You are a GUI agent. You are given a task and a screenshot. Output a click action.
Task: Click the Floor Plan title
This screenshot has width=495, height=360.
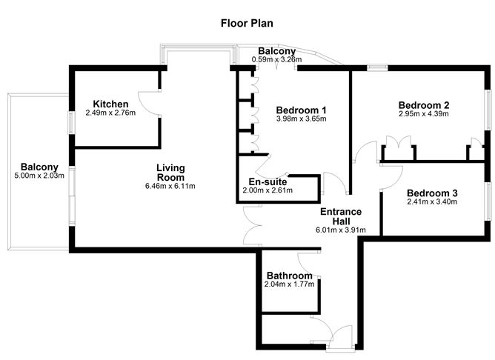click(x=247, y=23)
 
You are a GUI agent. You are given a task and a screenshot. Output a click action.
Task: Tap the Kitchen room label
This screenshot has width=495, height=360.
click(x=111, y=104)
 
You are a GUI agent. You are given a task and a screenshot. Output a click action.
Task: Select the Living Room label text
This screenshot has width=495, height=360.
click(x=170, y=173)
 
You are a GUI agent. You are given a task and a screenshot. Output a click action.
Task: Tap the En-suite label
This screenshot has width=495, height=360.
click(x=268, y=181)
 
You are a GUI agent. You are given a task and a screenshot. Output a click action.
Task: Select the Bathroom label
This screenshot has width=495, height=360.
click(x=289, y=276)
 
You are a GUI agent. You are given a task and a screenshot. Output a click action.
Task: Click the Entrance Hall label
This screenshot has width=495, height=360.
click(x=341, y=216)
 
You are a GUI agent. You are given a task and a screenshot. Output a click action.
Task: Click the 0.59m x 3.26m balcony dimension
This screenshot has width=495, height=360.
click(x=277, y=59)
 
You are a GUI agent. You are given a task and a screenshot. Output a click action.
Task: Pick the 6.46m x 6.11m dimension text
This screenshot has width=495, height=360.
click(x=170, y=186)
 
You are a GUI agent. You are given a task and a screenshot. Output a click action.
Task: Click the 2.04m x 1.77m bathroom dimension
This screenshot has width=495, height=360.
click(x=289, y=284)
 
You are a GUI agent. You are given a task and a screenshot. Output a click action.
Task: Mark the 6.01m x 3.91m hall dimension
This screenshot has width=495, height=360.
click(x=341, y=230)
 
